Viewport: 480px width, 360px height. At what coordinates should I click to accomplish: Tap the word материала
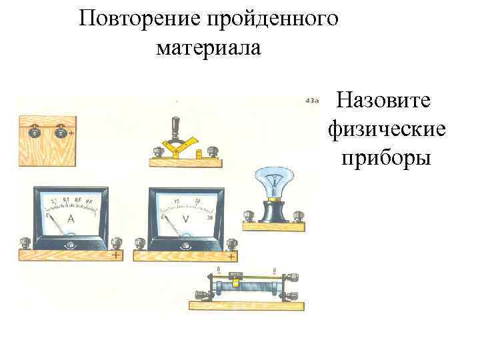[x=209, y=49]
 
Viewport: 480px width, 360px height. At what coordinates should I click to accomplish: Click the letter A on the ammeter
[x=71, y=219]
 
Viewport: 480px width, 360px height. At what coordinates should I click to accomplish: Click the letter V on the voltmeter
[x=185, y=219]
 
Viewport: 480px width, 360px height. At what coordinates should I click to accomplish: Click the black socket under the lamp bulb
[x=273, y=212]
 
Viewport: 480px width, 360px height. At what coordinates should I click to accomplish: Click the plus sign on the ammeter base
[x=116, y=255]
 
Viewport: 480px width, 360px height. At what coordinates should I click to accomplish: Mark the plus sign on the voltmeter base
[x=231, y=255]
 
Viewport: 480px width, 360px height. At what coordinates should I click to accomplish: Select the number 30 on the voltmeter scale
[x=210, y=218]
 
